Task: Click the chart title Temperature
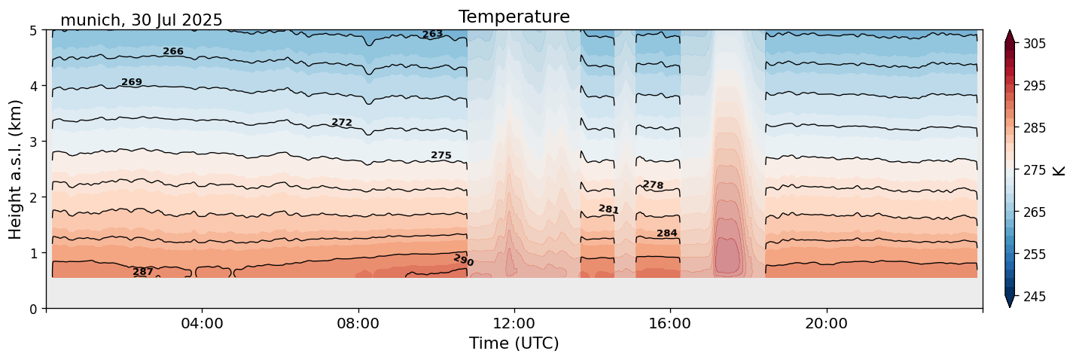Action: pos(514,17)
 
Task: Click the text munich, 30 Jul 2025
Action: pos(142,20)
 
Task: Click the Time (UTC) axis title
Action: pos(514,343)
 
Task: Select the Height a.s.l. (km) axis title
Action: pos(16,169)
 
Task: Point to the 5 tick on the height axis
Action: pos(34,30)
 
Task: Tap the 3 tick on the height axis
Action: pos(34,142)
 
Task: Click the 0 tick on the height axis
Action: pos(34,309)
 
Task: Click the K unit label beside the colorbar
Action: pos(1060,170)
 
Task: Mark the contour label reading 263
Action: pos(432,35)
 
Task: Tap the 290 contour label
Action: pos(463,261)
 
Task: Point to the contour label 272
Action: pos(342,123)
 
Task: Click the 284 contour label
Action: pos(666,233)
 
